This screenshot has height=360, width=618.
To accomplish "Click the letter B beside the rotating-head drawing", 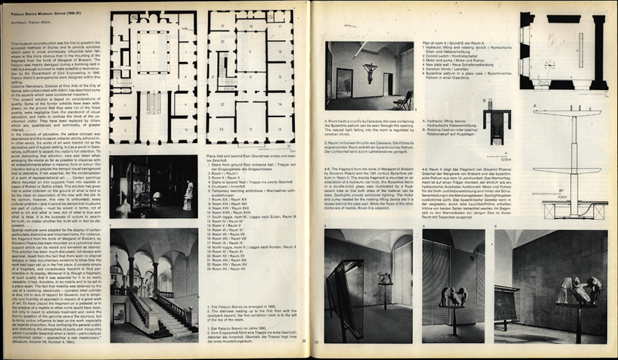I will click(483, 101).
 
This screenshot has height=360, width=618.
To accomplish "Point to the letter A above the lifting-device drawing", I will click(535, 104).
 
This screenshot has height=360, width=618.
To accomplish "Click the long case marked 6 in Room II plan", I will click(580, 49).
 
